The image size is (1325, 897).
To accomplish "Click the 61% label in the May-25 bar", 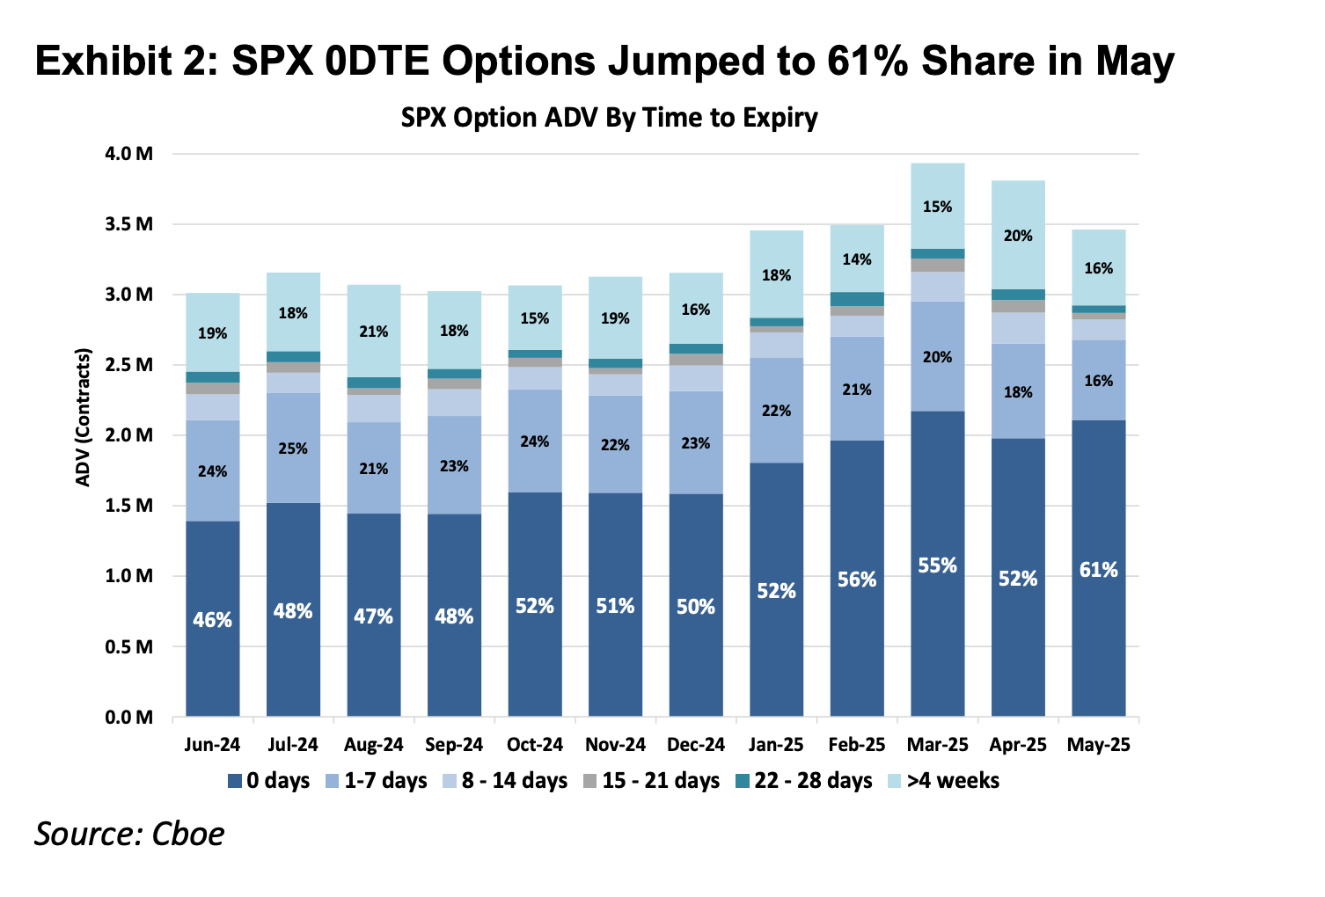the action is click(1099, 570).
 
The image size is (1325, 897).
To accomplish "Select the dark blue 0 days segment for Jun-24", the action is click(212, 619).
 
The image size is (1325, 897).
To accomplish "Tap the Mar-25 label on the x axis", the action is click(938, 745).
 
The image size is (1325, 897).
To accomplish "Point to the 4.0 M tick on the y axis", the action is click(129, 154).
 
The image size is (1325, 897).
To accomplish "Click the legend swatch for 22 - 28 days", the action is click(743, 781).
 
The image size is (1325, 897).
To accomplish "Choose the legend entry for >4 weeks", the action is click(944, 781).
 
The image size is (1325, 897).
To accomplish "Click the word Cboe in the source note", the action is click(188, 835).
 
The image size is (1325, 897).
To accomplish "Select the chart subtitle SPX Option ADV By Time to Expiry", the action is click(609, 118).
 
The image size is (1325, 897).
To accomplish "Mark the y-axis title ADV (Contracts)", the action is click(84, 418).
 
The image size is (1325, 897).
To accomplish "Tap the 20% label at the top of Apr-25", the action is click(1018, 236).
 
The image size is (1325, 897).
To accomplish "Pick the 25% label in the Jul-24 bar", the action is click(293, 448).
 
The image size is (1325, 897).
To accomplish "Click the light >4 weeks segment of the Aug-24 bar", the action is click(374, 332).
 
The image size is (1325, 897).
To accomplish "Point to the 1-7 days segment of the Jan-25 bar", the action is click(777, 411).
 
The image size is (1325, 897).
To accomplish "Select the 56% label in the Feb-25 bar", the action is click(857, 580).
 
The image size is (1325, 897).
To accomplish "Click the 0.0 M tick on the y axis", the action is click(129, 718).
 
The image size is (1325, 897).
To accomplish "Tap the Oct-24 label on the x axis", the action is click(535, 745).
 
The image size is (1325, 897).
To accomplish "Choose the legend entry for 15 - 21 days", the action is click(651, 781).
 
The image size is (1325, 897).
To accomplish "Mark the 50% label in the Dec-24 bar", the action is click(696, 607).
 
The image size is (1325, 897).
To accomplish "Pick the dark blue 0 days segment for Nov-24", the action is click(615, 605).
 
